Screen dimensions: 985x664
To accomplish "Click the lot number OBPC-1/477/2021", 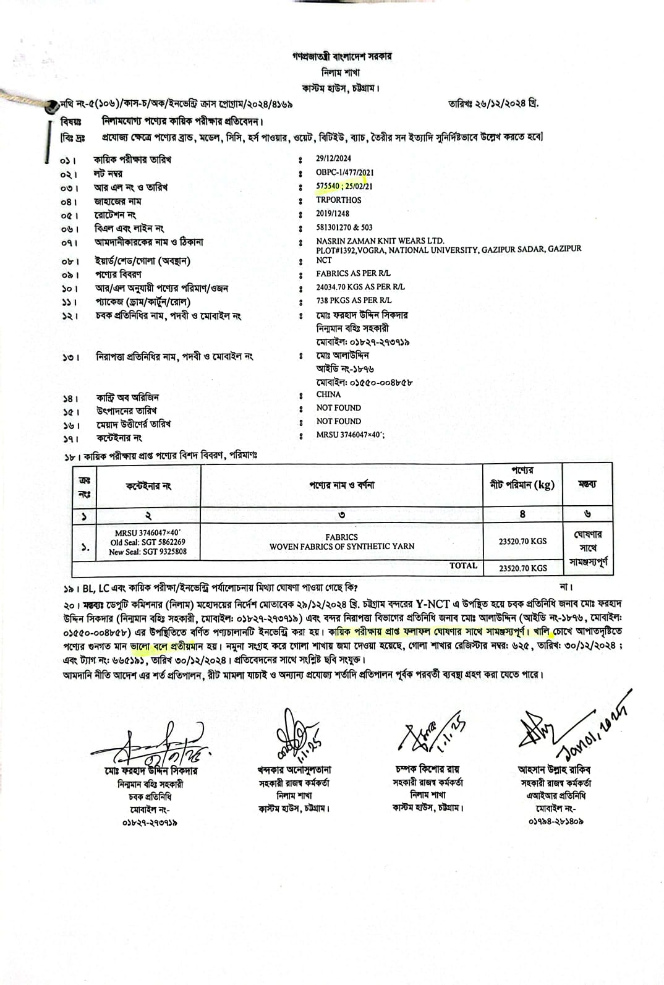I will coord(344,173).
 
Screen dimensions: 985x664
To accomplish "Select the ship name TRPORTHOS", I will coord(338,200).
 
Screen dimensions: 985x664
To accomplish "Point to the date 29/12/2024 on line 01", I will coord(333,159).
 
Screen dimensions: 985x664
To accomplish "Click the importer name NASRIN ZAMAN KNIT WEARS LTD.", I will coord(380,241).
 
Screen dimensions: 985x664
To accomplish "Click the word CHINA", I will coord(328,394).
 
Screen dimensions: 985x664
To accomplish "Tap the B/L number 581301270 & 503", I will coord(344,228).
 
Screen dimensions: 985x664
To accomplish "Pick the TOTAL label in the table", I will coord(463,566).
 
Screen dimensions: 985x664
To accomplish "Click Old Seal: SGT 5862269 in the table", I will coord(148,542).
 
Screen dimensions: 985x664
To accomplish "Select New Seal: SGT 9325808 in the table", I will coord(148,552).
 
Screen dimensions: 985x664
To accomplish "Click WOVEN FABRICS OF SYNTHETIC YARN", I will coord(341,547).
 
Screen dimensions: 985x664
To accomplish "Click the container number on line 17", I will coord(350,435).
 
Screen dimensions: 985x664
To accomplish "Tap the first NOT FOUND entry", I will coord(338,407).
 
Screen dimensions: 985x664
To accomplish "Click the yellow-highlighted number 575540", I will coord(328,186).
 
